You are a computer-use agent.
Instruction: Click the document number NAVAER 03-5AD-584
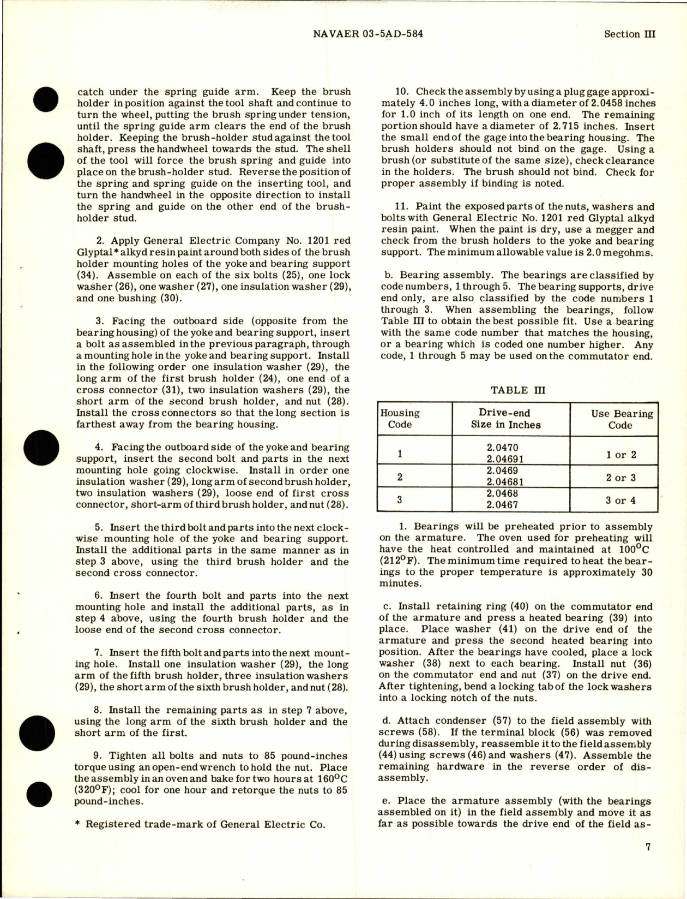[x=369, y=34]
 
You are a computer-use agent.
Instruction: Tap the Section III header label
[x=630, y=34]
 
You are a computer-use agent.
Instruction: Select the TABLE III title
[x=517, y=390]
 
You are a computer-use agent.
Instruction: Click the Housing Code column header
[x=400, y=419]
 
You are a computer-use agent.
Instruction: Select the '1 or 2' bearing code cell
[x=620, y=455]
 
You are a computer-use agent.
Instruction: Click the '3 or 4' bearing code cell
[x=620, y=500]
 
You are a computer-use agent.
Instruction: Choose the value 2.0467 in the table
[x=503, y=505]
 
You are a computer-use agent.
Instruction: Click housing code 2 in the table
[x=400, y=477]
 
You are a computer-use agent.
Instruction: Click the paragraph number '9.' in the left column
[x=98, y=756]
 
